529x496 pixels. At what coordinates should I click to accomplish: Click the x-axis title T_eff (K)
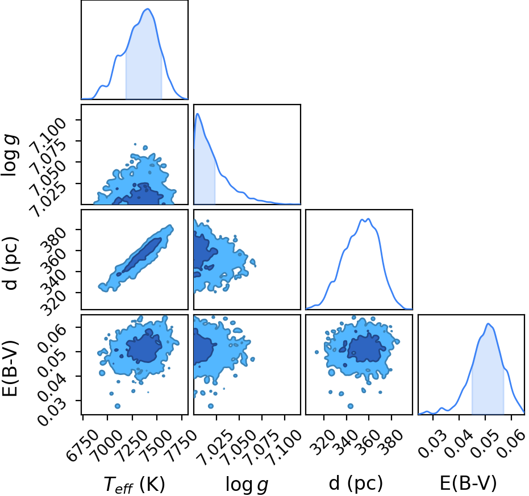[x=134, y=484]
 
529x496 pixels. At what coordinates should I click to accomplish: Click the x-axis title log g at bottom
[x=247, y=485]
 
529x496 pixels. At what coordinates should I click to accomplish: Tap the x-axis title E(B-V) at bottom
[x=468, y=483]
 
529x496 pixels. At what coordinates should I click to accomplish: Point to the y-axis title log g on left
[x=10, y=155]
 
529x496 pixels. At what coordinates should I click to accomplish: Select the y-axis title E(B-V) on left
[x=10, y=369]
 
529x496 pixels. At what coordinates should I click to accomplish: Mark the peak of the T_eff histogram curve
[x=147, y=9]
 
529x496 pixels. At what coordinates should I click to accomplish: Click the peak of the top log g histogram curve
[x=198, y=114]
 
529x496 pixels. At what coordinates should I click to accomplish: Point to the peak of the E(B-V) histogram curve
[x=488, y=324]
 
